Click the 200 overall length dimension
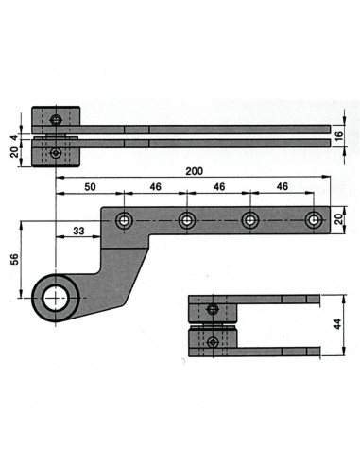coord(195,171)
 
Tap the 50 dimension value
coord(90,187)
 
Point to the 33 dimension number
coord(78,231)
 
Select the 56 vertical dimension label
coord(14,259)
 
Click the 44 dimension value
coord(337,324)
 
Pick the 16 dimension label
coord(338,136)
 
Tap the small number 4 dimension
coord(14,138)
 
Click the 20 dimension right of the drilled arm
coord(338,219)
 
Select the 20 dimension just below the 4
coord(14,152)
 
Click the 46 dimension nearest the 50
coord(155,187)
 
